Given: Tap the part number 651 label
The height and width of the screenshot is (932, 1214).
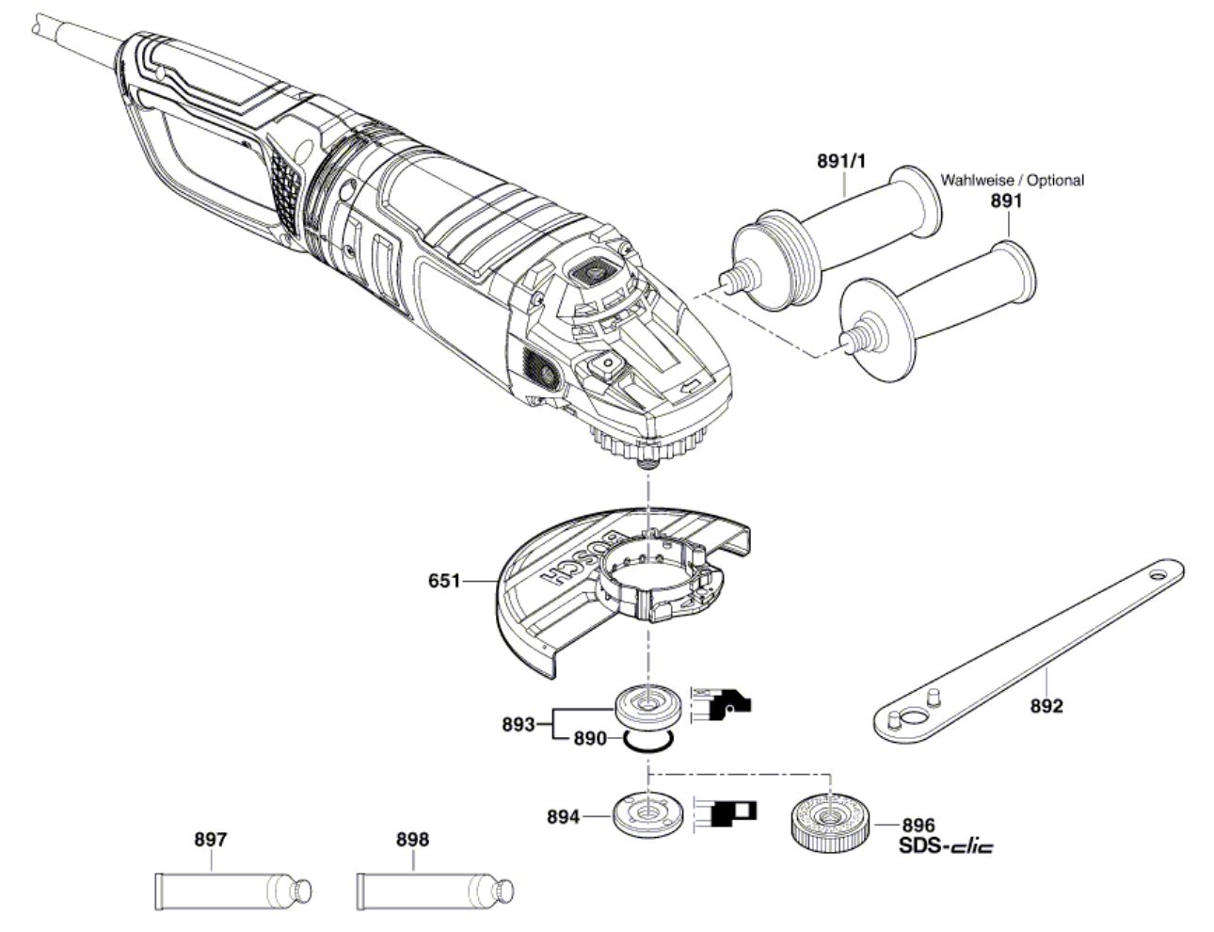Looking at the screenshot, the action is click(x=444, y=581).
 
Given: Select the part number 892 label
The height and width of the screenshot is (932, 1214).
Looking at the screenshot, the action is click(x=1046, y=706).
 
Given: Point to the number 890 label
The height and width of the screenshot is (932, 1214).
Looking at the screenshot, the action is click(x=590, y=739).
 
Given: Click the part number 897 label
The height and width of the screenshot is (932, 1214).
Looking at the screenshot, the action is click(x=211, y=839).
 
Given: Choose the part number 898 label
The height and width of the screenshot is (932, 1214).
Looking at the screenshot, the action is click(x=413, y=839).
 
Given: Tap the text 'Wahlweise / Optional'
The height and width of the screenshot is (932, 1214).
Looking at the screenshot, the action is click(x=1013, y=181).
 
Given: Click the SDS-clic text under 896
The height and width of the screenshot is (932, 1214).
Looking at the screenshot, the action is click(x=947, y=845).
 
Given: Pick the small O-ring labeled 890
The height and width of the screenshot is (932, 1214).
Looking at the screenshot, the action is click(x=648, y=740).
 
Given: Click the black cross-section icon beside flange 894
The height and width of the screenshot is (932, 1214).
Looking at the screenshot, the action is click(x=725, y=813).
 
